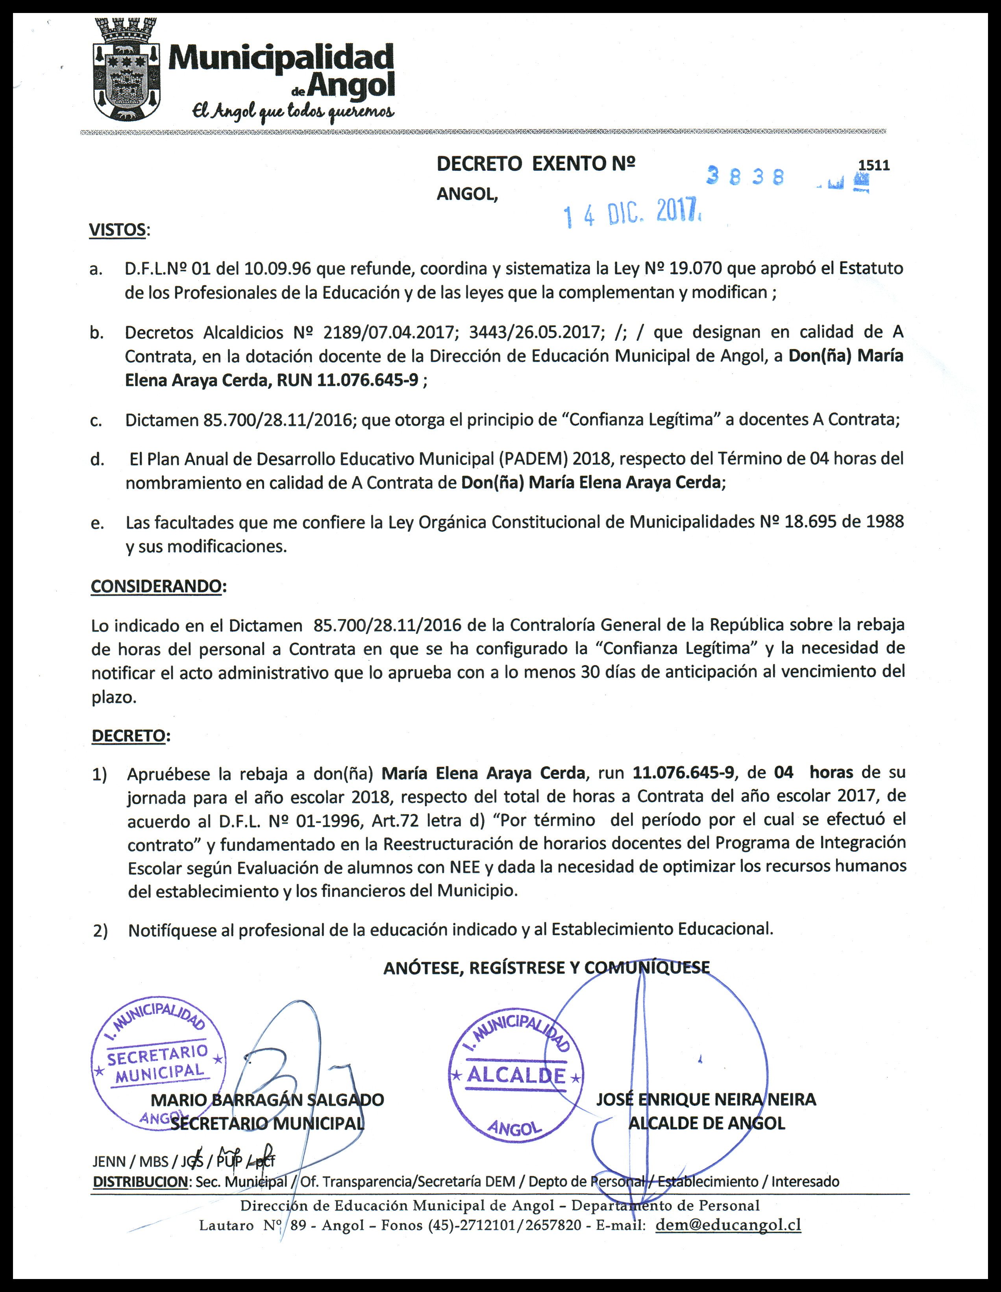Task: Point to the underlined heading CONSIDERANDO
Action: click(x=156, y=586)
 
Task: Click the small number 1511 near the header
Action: click(x=874, y=165)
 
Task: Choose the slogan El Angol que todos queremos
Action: click(x=292, y=111)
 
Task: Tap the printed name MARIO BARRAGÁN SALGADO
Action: click(x=267, y=1100)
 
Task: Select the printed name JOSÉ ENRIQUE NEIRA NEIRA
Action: click(x=705, y=1099)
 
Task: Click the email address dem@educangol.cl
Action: click(x=728, y=1225)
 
